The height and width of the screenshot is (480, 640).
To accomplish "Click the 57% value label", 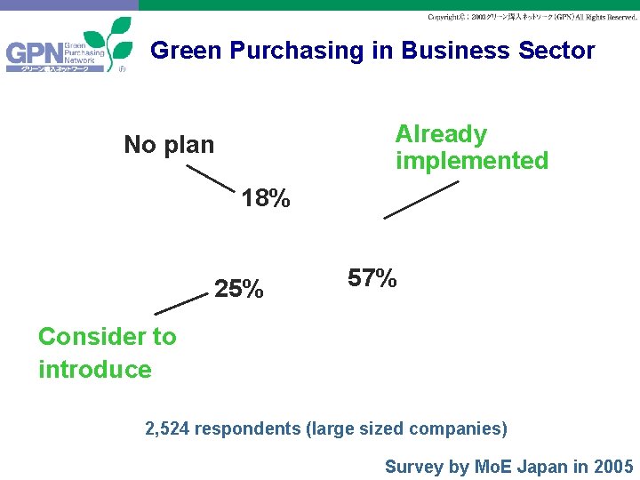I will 372,278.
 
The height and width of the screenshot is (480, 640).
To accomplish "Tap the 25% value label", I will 238,289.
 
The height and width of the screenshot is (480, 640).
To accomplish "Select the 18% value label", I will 266,198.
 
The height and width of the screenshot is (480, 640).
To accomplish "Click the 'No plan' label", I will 169,144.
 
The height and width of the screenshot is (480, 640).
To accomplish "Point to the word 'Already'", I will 441,134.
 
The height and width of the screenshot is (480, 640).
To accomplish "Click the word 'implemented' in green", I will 472,161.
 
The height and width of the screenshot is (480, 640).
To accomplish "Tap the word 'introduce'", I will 94,369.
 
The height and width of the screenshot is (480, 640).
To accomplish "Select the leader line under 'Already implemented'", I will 420,200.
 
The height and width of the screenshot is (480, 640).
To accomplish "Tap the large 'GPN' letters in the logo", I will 34,56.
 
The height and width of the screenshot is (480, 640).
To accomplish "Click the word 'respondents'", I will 247,428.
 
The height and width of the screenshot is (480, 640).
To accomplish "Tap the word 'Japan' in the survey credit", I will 538,467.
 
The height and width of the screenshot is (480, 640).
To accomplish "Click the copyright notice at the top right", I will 532,17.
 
